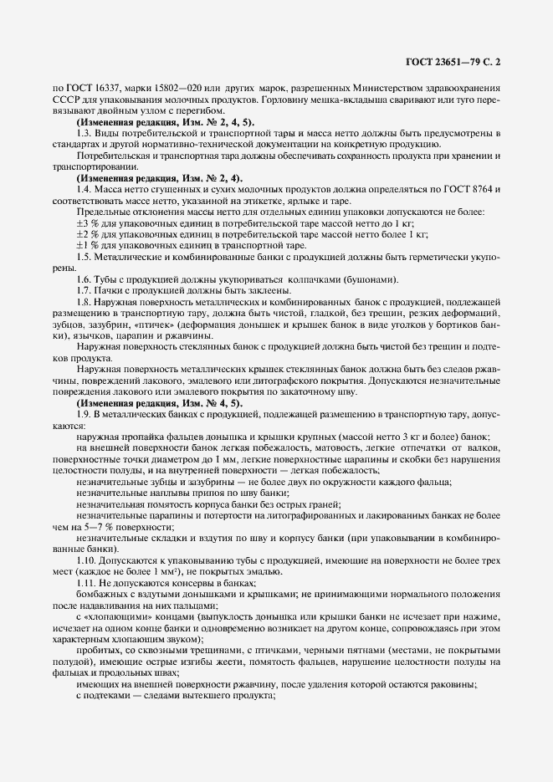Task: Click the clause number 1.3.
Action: (83, 134)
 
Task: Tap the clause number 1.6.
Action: (83, 279)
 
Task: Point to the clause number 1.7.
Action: (83, 291)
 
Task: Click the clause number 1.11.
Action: (85, 581)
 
